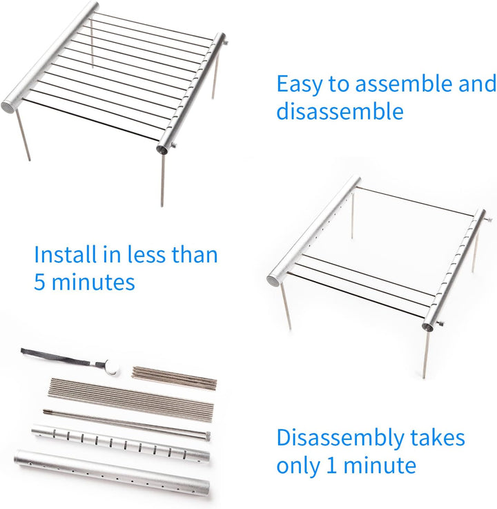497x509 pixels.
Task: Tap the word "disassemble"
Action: point(340,112)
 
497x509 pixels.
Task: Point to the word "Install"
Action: point(66,255)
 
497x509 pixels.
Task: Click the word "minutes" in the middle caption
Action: point(93,282)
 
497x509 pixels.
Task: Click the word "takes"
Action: point(436,438)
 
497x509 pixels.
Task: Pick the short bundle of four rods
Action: point(174,375)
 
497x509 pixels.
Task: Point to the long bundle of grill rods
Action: point(131,396)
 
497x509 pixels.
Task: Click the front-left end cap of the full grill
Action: point(10,106)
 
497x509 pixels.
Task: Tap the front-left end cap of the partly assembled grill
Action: point(274,280)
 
